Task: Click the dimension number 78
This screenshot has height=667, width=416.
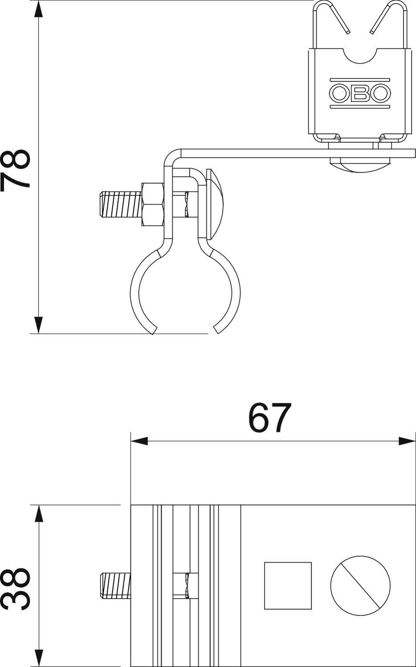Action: click(x=16, y=170)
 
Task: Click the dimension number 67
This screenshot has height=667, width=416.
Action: click(x=270, y=418)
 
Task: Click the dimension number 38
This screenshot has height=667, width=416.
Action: click(x=16, y=588)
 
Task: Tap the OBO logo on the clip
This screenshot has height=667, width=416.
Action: click(x=360, y=92)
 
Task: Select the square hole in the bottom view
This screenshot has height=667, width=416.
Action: click(x=288, y=585)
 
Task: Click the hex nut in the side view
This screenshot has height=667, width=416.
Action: click(x=152, y=204)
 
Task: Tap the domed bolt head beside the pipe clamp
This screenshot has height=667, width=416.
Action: click(x=215, y=202)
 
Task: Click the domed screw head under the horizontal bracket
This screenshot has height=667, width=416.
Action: click(x=360, y=165)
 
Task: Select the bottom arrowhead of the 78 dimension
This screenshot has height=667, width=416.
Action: click(x=39, y=325)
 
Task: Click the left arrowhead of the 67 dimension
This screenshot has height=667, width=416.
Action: click(x=139, y=441)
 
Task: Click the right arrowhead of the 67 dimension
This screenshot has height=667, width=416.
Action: click(x=407, y=441)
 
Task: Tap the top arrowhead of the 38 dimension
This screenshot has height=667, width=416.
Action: click(x=39, y=514)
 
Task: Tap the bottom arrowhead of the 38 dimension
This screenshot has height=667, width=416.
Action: click(x=39, y=658)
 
